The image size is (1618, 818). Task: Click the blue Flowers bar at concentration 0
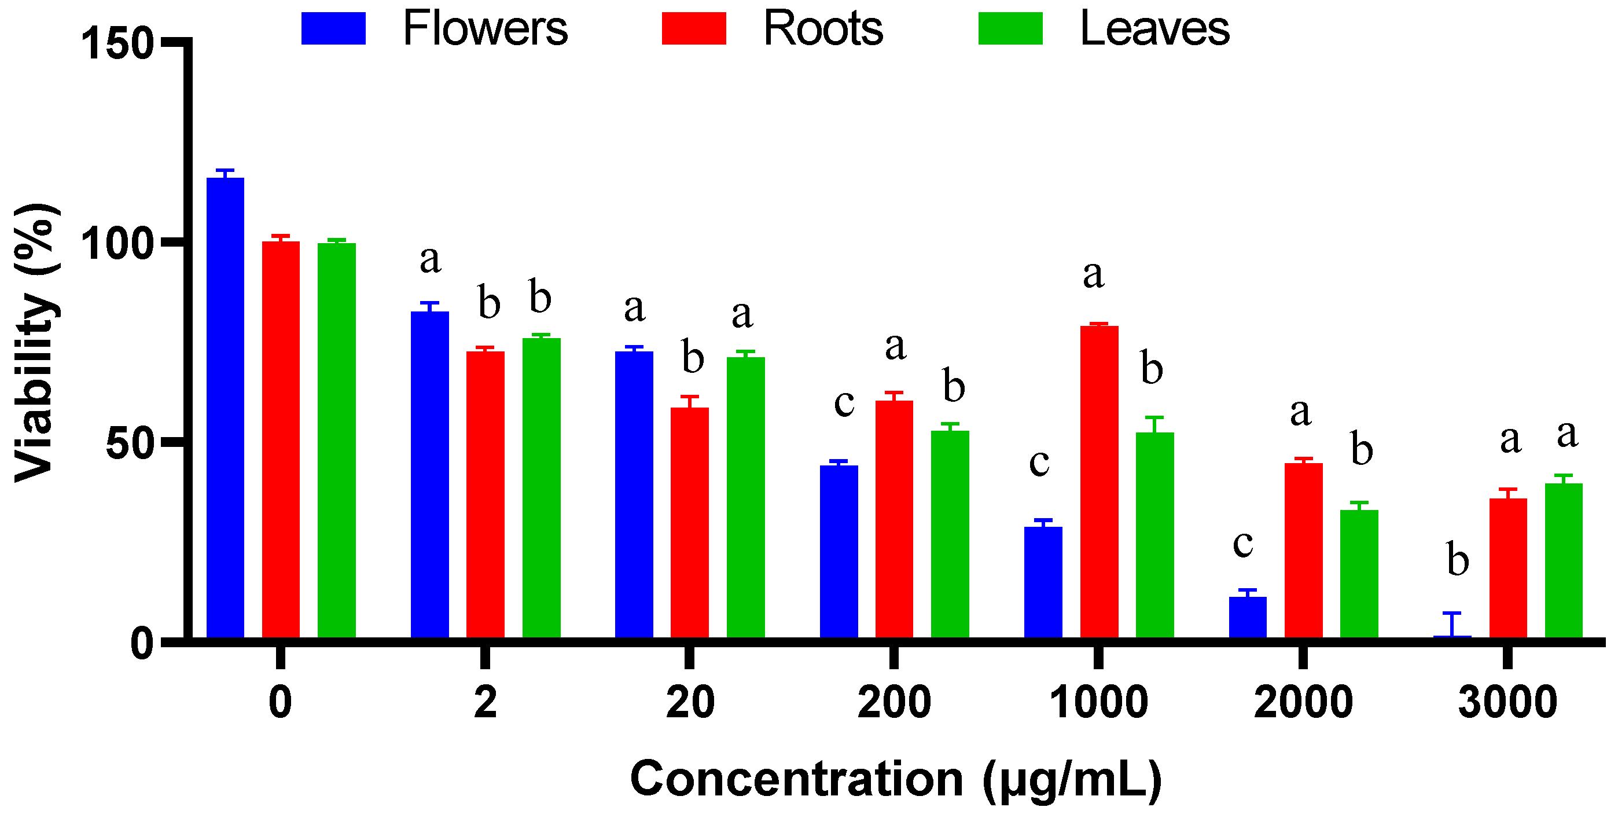coord(226,408)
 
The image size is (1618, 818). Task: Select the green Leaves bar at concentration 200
coord(950,534)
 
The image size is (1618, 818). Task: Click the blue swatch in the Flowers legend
coord(333,28)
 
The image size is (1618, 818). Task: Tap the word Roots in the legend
coord(823,29)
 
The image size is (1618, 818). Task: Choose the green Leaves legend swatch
coord(1010,28)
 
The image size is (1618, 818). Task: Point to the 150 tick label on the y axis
coord(117,44)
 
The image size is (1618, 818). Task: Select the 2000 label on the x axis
coord(1303,702)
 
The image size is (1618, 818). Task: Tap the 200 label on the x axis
coord(894,702)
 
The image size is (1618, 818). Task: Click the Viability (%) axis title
coord(36,342)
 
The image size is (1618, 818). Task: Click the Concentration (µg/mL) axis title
coord(896,779)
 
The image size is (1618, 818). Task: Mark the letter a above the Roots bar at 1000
coord(1094,274)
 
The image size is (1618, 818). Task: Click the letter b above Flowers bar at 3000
coord(1458,559)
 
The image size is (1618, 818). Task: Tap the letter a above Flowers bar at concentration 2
coord(431,259)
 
